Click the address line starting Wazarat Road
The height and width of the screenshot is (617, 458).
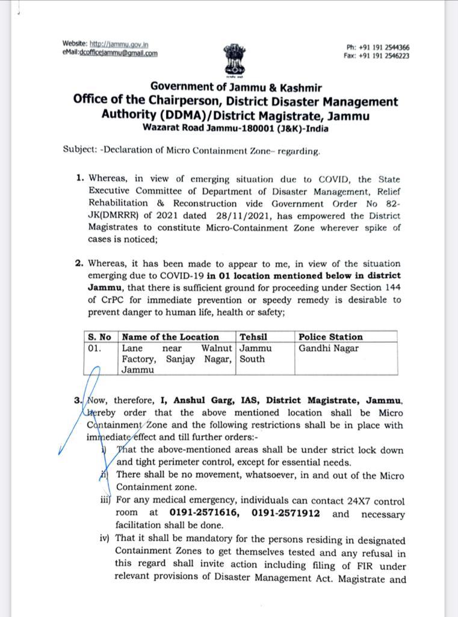coord(235,128)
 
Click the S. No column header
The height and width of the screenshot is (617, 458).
coord(99,337)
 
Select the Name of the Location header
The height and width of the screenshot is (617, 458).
coord(170,337)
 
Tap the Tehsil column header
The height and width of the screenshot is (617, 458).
coord(253,337)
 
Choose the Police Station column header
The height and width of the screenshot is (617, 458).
coord(330,337)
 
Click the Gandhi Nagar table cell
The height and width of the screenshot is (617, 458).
coord(328,348)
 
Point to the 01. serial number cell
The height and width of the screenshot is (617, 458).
coord(94,348)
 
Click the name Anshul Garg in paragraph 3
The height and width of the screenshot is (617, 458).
coord(200,401)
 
